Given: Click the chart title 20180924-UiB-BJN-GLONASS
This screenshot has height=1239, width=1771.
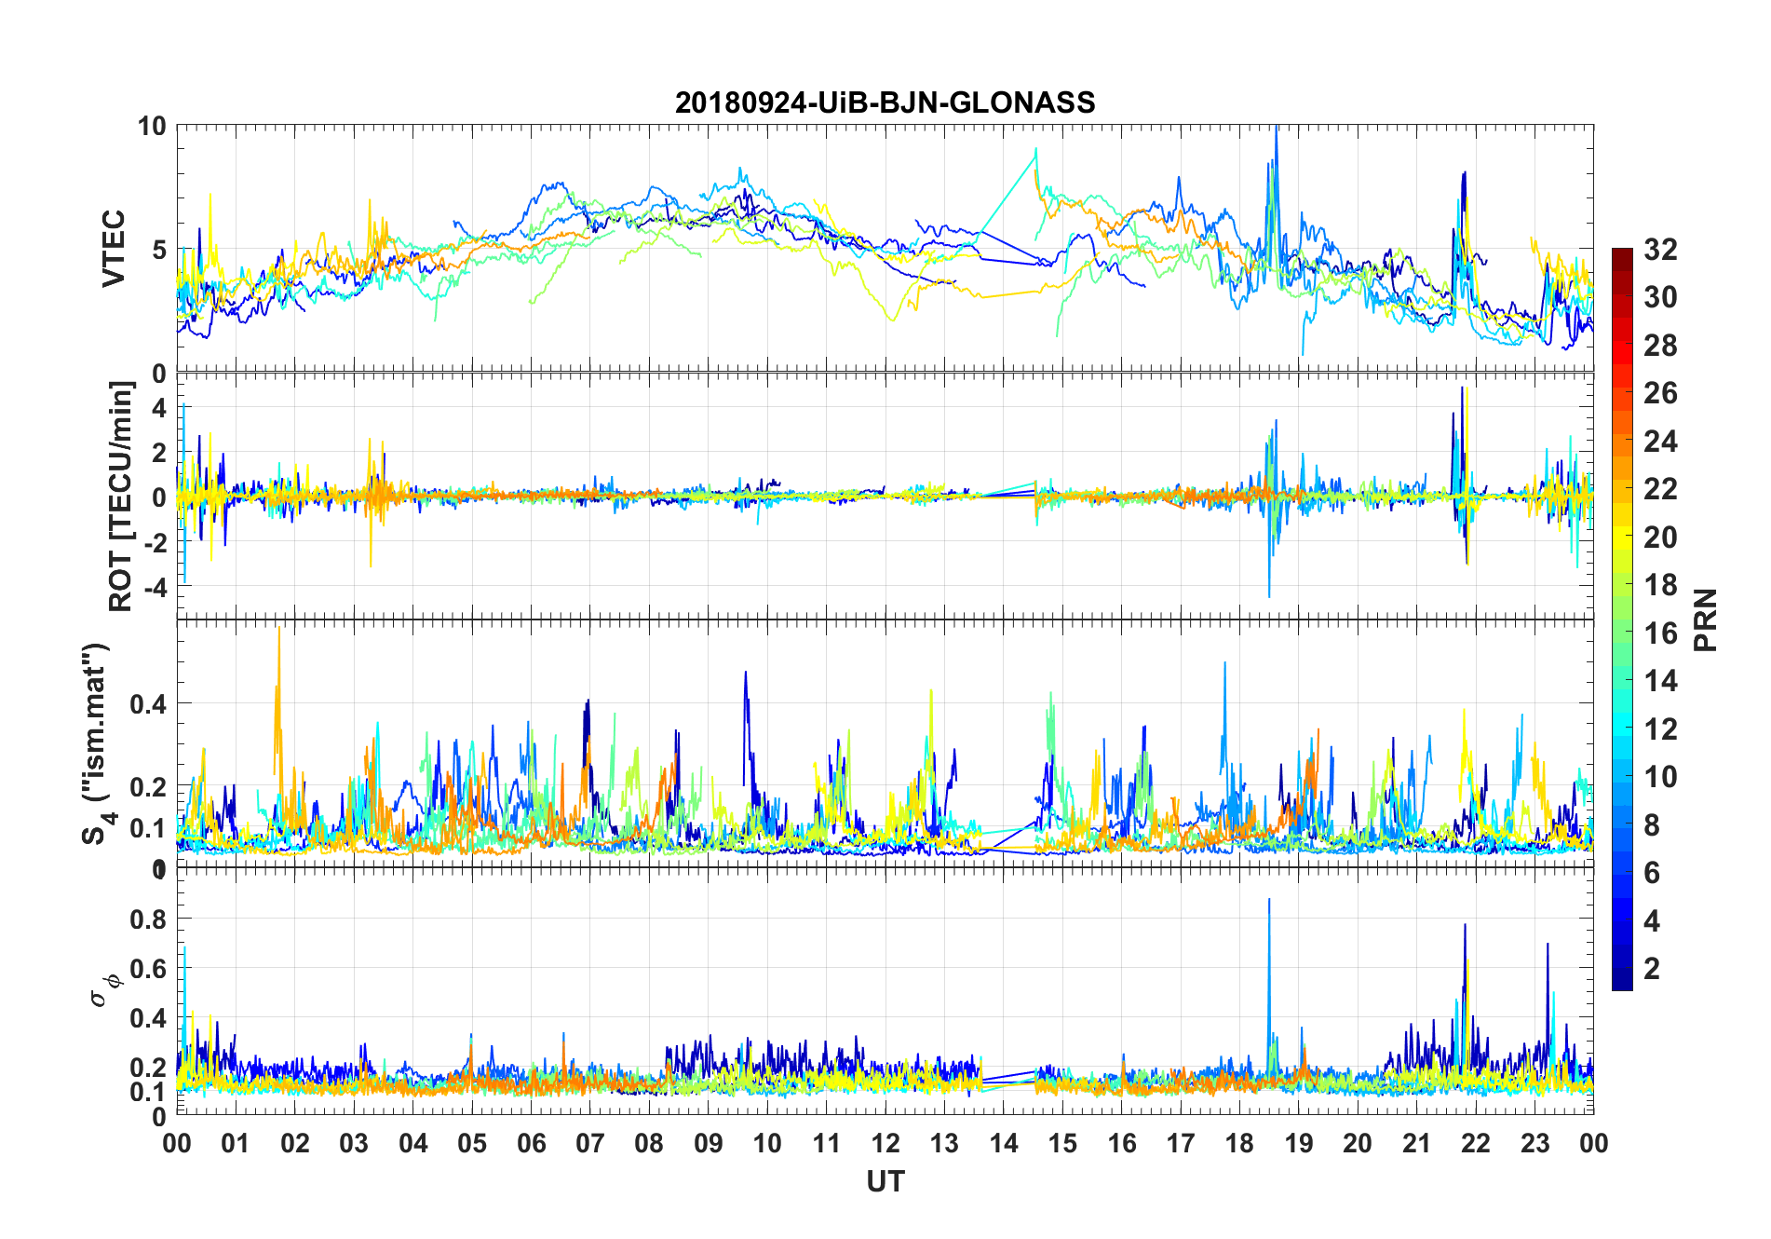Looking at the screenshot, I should [885, 102].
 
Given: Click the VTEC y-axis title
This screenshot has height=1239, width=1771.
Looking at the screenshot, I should [114, 249].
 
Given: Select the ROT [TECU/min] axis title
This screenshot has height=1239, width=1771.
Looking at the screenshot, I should [121, 496].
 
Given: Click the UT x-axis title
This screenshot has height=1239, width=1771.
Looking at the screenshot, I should [885, 1181].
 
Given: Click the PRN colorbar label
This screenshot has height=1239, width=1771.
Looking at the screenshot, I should [1706, 619].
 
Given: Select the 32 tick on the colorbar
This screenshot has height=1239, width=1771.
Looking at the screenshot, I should [1660, 250].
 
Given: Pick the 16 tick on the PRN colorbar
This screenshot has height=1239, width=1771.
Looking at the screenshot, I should [1660, 633].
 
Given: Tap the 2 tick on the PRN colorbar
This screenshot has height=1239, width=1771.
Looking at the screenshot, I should [1652, 969].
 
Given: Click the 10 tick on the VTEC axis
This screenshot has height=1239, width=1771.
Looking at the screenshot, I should [152, 127].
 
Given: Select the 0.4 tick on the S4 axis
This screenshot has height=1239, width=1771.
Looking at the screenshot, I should [148, 704].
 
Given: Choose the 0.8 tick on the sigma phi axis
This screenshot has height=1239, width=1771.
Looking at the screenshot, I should [148, 919].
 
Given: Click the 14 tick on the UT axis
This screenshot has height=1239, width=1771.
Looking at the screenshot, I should [1003, 1143].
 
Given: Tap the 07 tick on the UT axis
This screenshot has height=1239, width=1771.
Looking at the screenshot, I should [589, 1143].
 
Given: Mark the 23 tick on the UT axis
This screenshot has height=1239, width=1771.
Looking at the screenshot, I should [1534, 1143].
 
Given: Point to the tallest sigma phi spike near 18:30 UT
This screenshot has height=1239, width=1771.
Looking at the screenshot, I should [1269, 902].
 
